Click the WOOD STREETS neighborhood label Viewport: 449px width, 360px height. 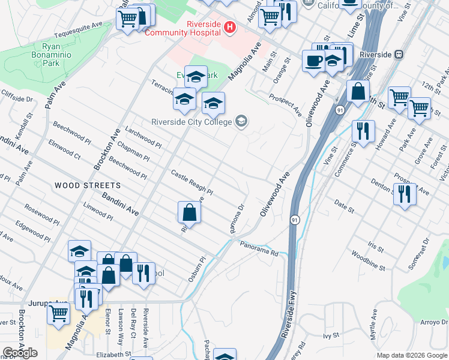pyautogui.click(x=88, y=186)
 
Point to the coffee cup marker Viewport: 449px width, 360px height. pyautogui.click(x=313, y=61)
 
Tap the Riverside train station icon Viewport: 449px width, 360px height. pyautogui.click(x=398, y=54)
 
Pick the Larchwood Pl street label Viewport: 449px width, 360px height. pyautogui.click(x=143, y=137)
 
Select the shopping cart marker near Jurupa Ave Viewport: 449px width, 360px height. pyautogui.click(x=58, y=313)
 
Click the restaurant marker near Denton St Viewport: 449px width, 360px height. pyautogui.click(x=405, y=194)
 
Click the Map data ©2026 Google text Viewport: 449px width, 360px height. pyautogui.click(x=411, y=355)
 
